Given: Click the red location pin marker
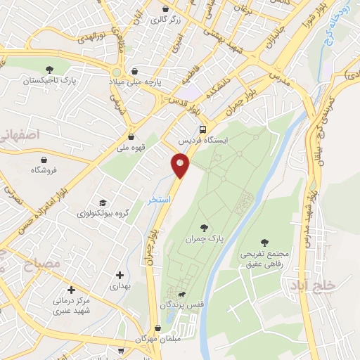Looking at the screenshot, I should click(181, 165).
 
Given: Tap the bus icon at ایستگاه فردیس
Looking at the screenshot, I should click(203, 129).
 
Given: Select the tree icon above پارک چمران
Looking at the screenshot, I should click(204, 227).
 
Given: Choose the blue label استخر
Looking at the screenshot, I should click(160, 200).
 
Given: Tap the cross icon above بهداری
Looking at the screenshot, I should click(120, 274).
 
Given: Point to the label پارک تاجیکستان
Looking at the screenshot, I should click(50, 82).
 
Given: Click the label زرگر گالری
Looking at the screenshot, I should click(166, 20).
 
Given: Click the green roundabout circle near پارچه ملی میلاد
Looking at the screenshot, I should click(116, 72).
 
